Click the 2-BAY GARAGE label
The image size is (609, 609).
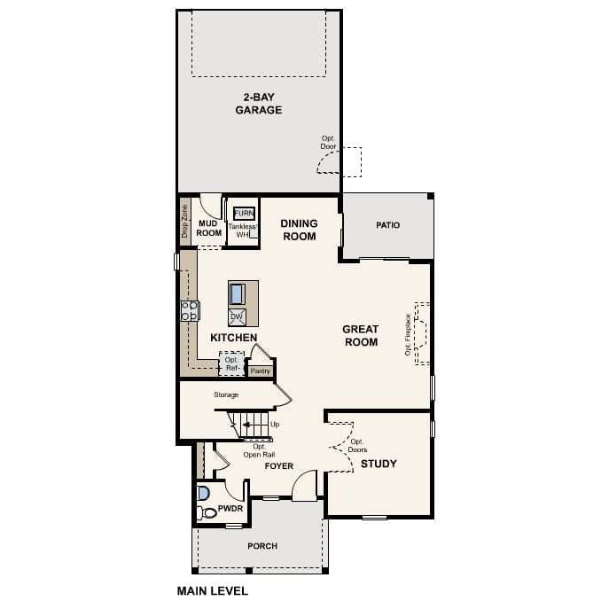[x=258, y=103]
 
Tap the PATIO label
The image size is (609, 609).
[x=387, y=225]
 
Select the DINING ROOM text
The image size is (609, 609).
[x=299, y=230]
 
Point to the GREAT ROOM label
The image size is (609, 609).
[x=360, y=335]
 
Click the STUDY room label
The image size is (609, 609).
[x=379, y=464]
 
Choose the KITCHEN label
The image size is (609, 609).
[x=234, y=338]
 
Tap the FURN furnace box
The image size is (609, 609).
[x=243, y=214]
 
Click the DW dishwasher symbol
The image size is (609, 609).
[x=237, y=316]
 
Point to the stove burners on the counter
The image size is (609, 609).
[x=189, y=310]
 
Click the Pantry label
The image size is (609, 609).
[x=260, y=371]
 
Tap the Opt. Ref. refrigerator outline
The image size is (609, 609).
[x=231, y=363]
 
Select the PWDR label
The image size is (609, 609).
[x=229, y=512]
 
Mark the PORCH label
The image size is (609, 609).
[x=262, y=546]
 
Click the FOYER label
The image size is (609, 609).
[x=278, y=466]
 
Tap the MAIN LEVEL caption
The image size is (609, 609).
[x=213, y=590]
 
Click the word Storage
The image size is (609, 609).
[x=226, y=394]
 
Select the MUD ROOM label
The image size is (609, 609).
[x=209, y=228]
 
